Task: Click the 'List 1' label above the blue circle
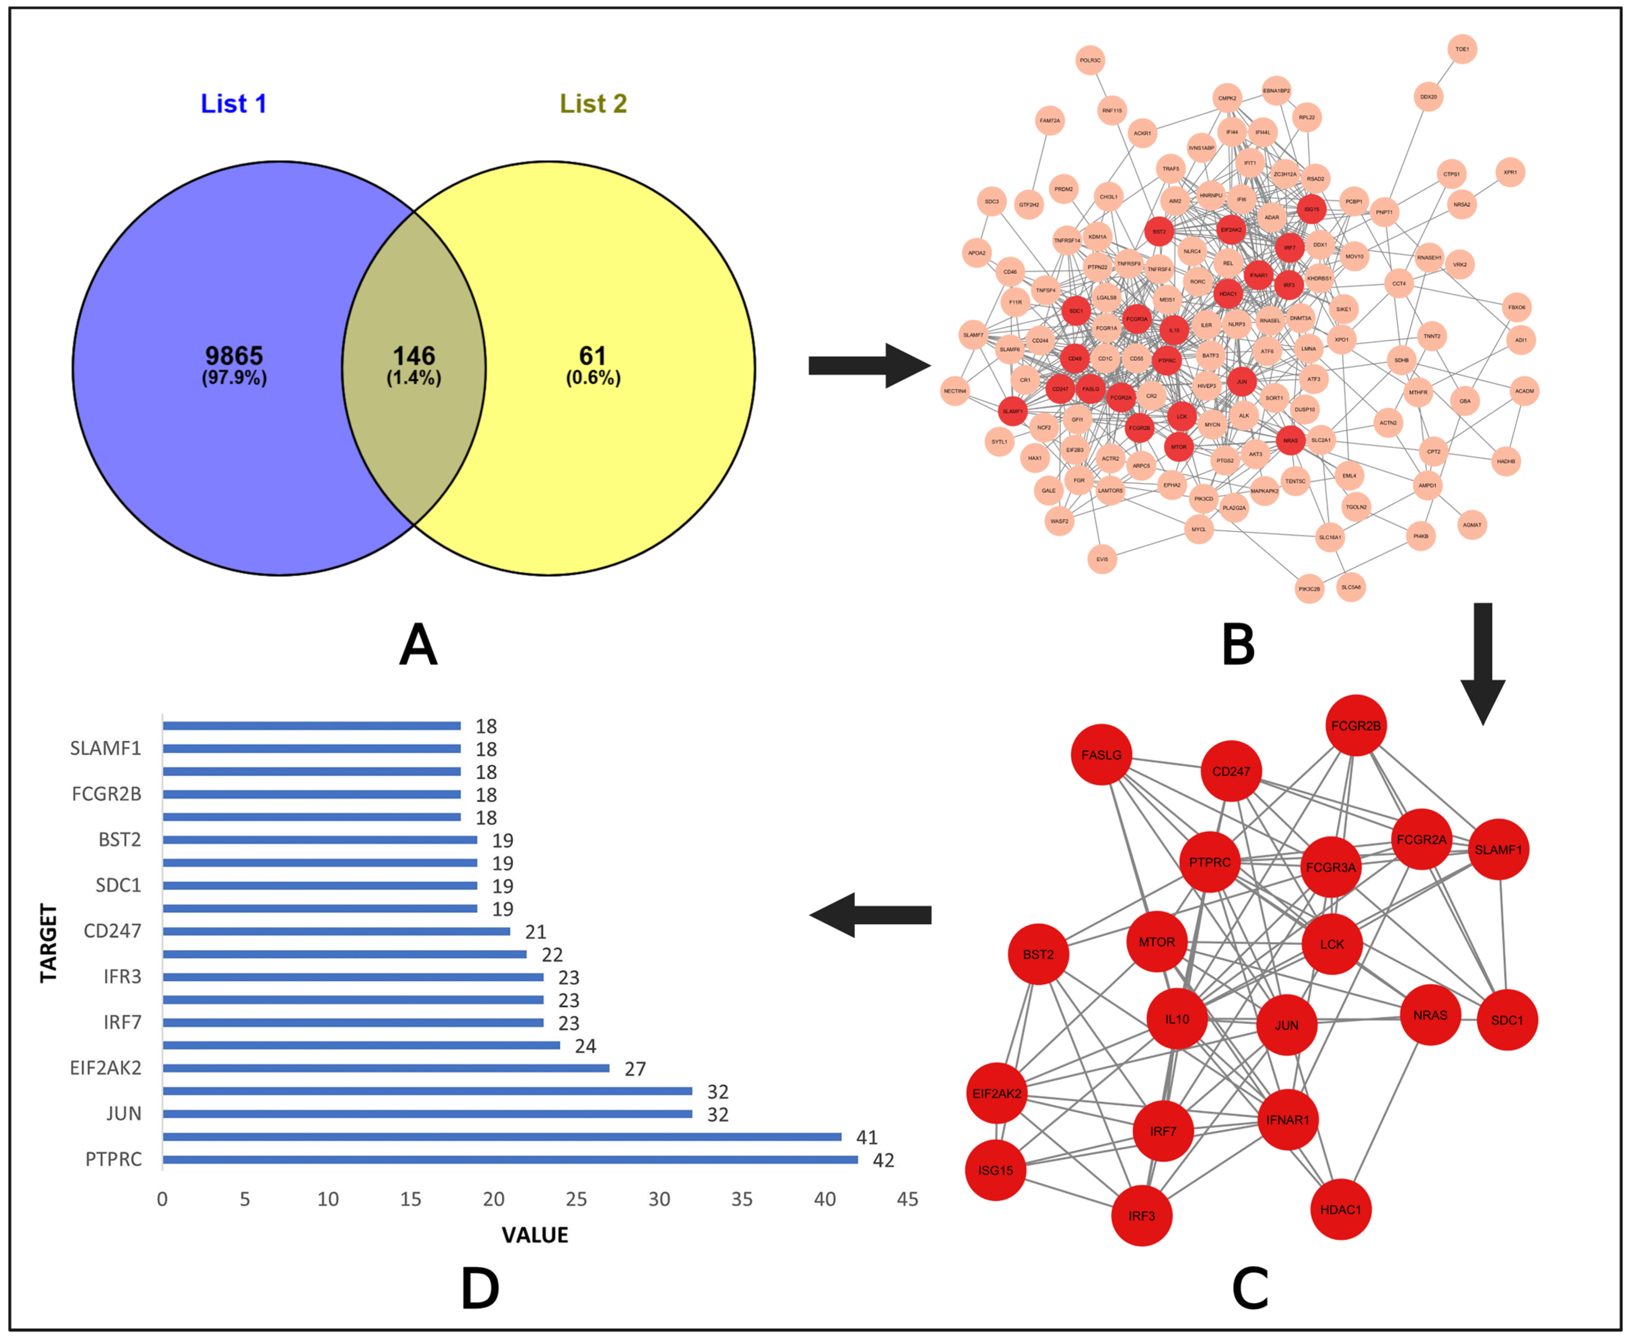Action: click(233, 103)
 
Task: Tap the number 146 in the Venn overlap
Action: click(414, 356)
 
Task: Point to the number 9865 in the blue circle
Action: click(233, 356)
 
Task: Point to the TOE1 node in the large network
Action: click(1462, 49)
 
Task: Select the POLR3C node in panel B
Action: click(1090, 60)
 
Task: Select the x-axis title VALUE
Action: click(535, 1235)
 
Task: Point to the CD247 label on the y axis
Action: click(112, 931)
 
